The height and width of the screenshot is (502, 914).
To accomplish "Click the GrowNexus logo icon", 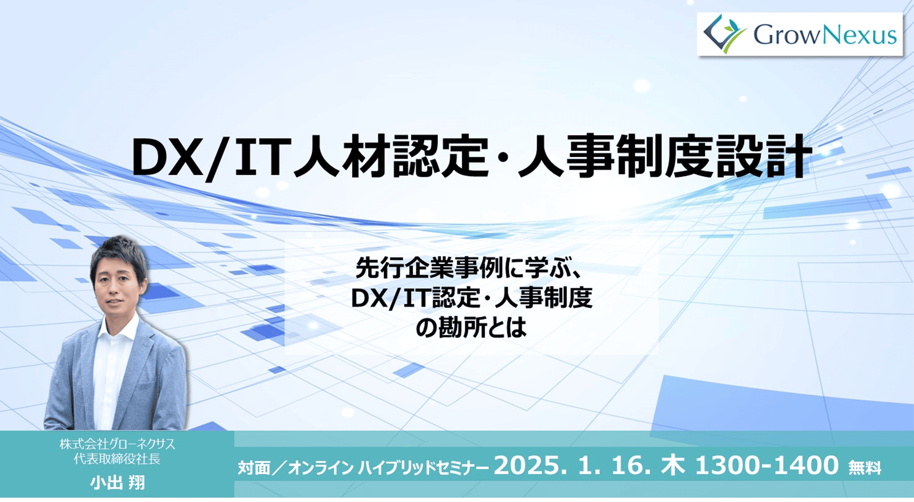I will click(725, 34).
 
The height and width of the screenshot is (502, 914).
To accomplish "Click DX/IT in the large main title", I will click(209, 158).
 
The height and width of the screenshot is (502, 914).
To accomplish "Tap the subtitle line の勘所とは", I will click(471, 328).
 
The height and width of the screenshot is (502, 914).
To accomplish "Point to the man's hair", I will click(118, 251).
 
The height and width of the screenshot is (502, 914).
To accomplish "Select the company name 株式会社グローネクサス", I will click(117, 444).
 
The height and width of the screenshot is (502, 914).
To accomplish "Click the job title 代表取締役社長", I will click(117, 459).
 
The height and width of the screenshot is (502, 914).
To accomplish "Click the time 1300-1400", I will click(767, 466).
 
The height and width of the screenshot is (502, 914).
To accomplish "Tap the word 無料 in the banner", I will click(864, 468).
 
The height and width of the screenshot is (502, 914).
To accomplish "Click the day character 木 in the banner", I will click(673, 466).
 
